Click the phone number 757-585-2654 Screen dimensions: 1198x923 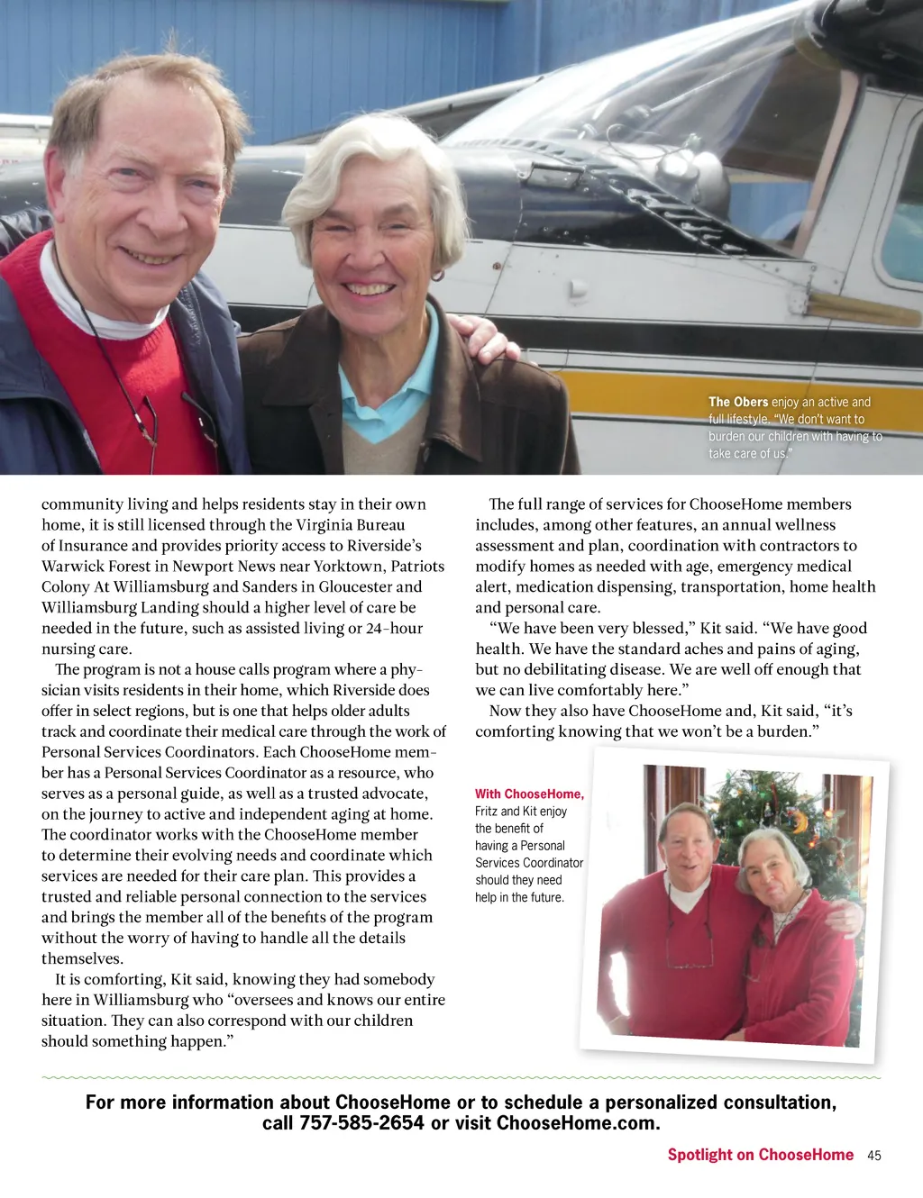[361, 1123]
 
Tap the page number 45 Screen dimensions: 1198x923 [873, 1156]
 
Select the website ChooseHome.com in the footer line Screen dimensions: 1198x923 [578, 1123]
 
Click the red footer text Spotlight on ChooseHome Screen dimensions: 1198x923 [760, 1155]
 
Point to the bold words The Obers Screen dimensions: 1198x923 [738, 402]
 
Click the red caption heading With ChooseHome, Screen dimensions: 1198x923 [529, 794]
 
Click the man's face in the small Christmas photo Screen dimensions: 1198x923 [689, 841]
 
